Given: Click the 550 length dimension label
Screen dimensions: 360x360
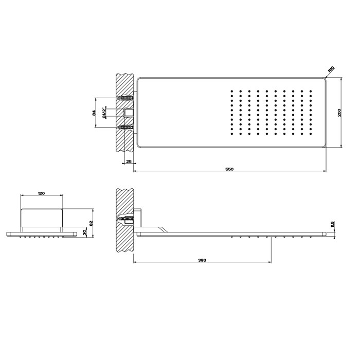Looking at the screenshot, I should click(x=230, y=169).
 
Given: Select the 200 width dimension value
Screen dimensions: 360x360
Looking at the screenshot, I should click(x=339, y=113).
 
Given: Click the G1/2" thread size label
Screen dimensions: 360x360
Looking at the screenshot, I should click(x=104, y=112).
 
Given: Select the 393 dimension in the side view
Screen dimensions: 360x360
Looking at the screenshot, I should click(x=202, y=261).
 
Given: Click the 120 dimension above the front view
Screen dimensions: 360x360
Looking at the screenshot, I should click(x=42, y=193).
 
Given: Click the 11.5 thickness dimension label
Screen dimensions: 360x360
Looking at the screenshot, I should click(x=332, y=224).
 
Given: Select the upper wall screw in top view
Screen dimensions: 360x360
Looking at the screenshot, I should click(x=125, y=97).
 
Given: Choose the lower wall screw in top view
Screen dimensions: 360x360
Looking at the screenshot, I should click(x=125, y=127).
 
